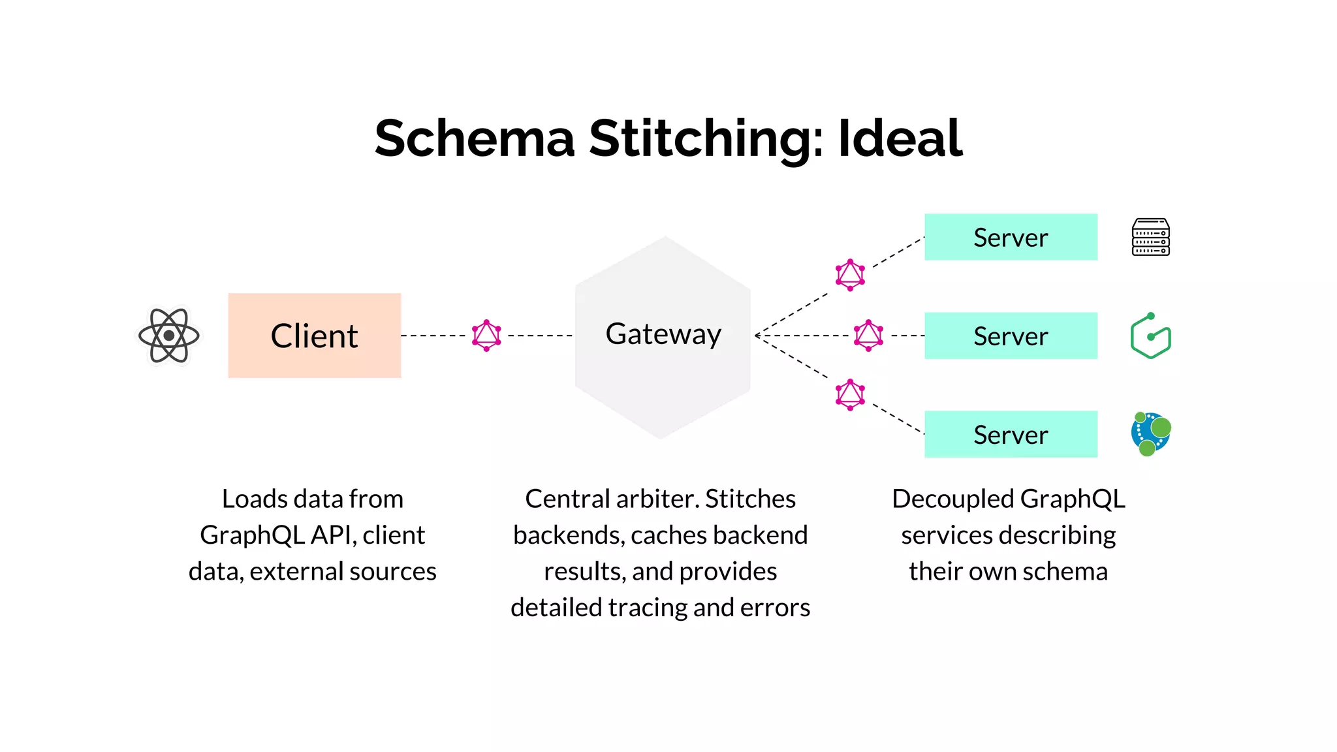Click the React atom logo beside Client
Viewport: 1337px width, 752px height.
(x=169, y=336)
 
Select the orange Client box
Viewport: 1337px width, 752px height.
(x=314, y=336)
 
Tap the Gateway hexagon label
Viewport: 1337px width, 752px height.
(x=663, y=334)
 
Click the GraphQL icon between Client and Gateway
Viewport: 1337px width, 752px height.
(x=486, y=336)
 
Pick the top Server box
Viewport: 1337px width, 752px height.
(x=1010, y=237)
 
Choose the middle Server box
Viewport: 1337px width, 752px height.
(x=1010, y=336)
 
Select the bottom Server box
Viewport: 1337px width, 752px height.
(x=1010, y=434)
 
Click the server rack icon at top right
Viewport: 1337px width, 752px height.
(x=1150, y=237)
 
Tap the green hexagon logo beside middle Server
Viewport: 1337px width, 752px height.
(x=1150, y=336)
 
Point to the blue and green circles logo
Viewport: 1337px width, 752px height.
(x=1150, y=434)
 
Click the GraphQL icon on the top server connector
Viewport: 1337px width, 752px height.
(x=850, y=275)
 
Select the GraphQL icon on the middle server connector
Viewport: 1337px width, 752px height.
(x=868, y=336)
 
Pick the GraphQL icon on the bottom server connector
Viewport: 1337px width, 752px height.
(x=850, y=394)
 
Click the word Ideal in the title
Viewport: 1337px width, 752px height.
(x=900, y=138)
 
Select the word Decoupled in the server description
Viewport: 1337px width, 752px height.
(x=952, y=499)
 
